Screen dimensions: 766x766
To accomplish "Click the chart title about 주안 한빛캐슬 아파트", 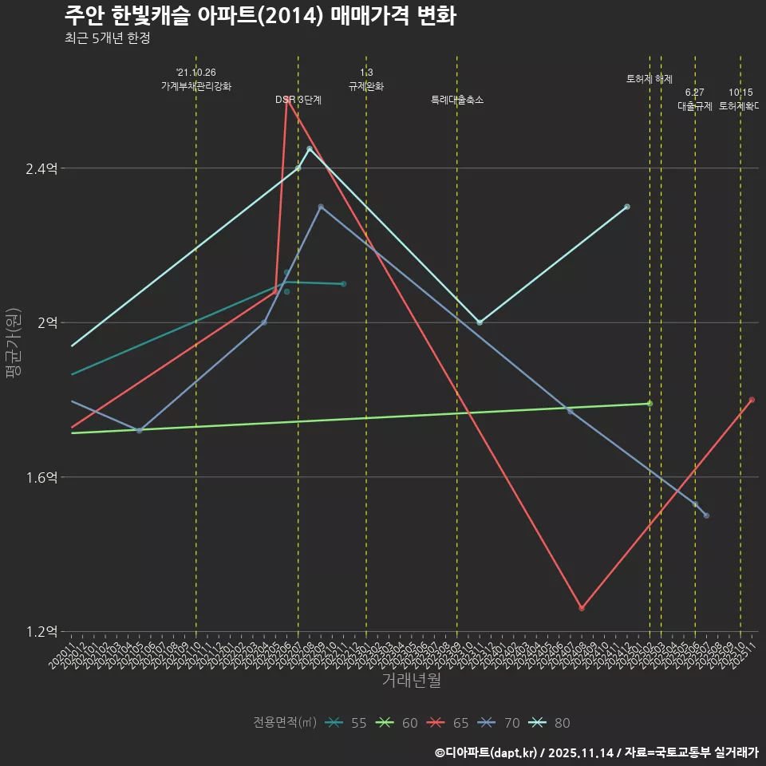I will coord(260,16).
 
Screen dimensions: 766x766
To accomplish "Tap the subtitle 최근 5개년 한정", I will coord(108,38).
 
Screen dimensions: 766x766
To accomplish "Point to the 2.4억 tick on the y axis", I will coord(41,168).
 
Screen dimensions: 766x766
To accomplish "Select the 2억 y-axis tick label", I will coord(46,322).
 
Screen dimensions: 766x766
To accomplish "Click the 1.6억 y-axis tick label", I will coord(41,477).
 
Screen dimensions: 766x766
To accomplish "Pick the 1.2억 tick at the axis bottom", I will coord(41,632).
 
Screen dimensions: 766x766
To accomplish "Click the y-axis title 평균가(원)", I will coord(14,344).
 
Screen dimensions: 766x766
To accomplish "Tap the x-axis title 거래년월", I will coord(411,681).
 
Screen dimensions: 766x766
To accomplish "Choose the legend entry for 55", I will coord(347,723).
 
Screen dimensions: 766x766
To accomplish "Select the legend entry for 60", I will coord(398,723).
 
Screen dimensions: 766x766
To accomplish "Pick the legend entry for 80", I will coord(551,723).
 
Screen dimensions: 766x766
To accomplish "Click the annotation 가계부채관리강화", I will coord(196,86).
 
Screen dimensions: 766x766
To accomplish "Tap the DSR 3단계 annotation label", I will coord(298,100).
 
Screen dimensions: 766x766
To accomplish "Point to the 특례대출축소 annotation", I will coord(457,100).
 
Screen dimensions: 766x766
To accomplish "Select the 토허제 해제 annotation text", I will coord(650,79).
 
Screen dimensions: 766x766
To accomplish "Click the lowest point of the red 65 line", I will coord(582,608).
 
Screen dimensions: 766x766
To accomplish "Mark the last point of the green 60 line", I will coord(650,404).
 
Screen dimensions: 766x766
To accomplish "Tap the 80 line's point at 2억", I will coord(480,322).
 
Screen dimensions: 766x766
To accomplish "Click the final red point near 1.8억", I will coord(752,400).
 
